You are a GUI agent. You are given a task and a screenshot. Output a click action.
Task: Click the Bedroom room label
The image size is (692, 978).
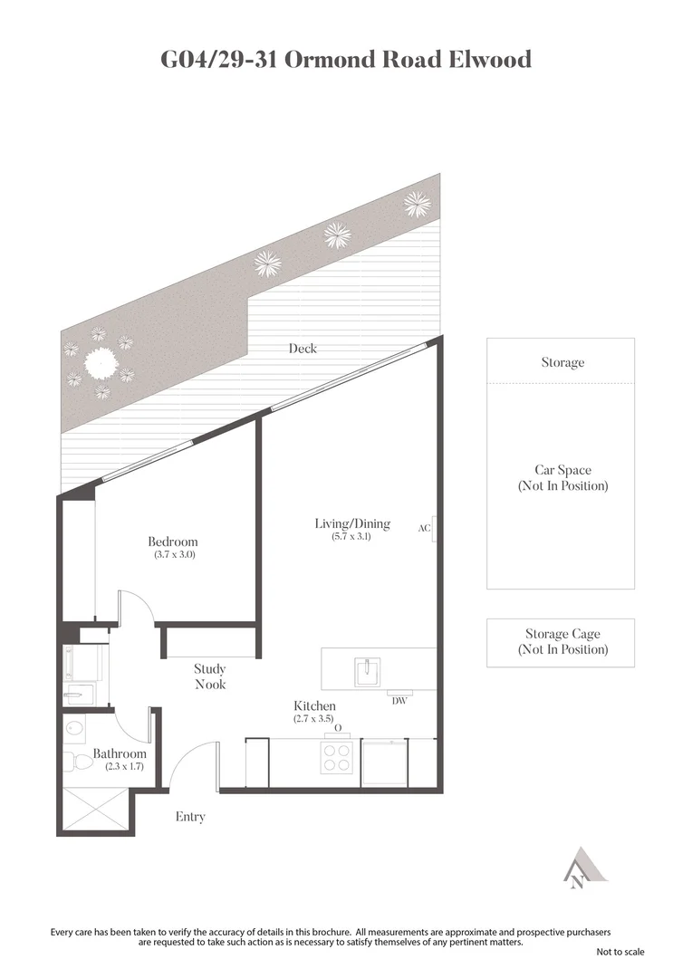point(172,542)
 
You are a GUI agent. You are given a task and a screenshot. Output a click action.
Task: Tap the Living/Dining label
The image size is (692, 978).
point(352,523)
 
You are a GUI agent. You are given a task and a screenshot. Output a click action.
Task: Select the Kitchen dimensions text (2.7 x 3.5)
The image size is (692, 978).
point(314,718)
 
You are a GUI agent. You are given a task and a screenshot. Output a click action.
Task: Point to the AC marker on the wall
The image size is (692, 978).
point(424,528)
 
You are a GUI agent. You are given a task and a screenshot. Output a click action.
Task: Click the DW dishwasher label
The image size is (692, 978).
point(399,700)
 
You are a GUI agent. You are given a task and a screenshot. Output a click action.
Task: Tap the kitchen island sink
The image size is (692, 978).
point(369,671)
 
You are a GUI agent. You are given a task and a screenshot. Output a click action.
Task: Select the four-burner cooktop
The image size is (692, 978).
point(337,756)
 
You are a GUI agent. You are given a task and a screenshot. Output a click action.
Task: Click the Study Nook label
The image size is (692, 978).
point(210,676)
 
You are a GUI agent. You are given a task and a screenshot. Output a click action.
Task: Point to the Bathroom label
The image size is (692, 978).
point(119,753)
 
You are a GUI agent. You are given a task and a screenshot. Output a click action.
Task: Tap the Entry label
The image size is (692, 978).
point(190,817)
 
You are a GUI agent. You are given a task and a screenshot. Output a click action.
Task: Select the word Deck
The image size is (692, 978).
point(303,348)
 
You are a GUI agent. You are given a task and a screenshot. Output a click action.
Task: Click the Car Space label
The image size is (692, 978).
point(562,470)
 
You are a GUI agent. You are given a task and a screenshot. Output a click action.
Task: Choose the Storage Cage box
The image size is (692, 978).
point(561,643)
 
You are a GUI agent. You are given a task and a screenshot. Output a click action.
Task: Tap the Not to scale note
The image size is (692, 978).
point(620,952)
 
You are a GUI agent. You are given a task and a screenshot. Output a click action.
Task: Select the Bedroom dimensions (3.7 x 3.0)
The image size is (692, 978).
point(174,554)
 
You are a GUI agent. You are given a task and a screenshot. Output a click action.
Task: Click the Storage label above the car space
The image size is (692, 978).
point(562,362)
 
